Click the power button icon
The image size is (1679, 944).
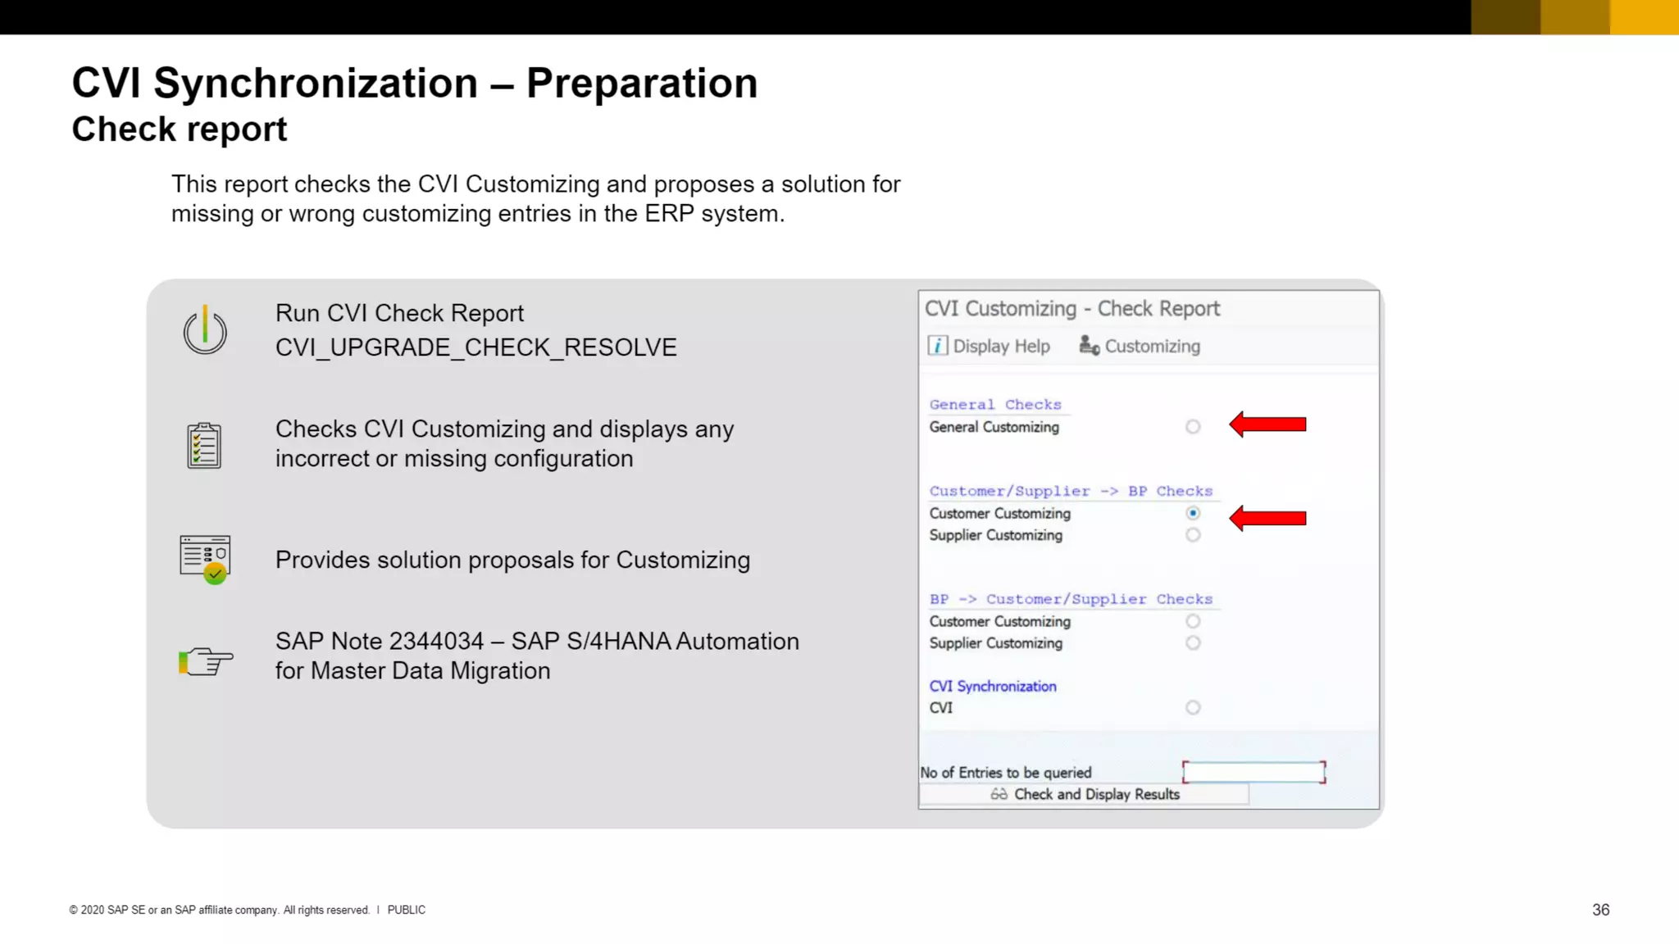pyautogui.click(x=205, y=330)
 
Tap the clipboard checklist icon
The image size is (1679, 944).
pyautogui.click(x=204, y=445)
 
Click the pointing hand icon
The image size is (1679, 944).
pyautogui.click(x=206, y=660)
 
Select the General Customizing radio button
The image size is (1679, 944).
pyautogui.click(x=1193, y=427)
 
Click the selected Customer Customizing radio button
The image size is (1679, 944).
pyautogui.click(x=1193, y=514)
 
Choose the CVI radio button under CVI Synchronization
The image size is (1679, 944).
pyautogui.click(x=1193, y=708)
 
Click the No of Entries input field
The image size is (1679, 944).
pyautogui.click(x=1254, y=772)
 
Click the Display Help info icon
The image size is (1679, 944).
pyautogui.click(x=938, y=346)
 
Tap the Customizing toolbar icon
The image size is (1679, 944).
pyautogui.click(x=1089, y=346)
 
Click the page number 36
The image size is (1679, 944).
pyautogui.click(x=1600, y=910)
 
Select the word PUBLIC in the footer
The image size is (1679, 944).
pyautogui.click(x=406, y=910)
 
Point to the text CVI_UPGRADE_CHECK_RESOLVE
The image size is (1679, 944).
pyautogui.click(x=475, y=347)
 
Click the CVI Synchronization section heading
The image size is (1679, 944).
pyautogui.click(x=992, y=686)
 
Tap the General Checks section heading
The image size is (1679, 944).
pyautogui.click(x=994, y=405)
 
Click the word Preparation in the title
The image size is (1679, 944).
pyautogui.click(x=641, y=83)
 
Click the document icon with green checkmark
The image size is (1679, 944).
pyautogui.click(x=205, y=559)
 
